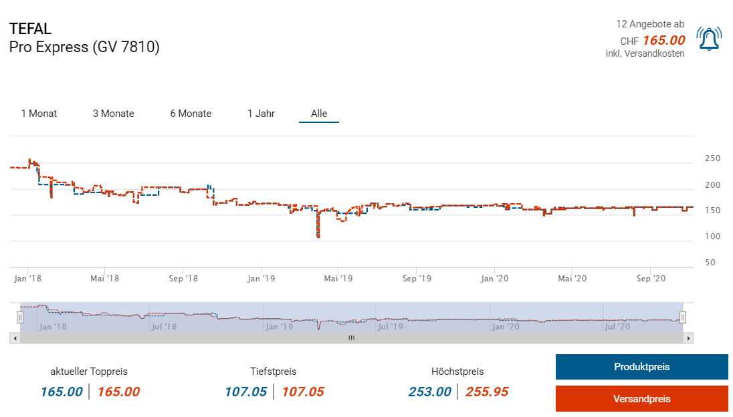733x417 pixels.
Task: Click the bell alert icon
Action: [709, 39]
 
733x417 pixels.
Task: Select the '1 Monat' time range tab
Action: [39, 114]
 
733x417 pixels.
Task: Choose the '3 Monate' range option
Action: [114, 114]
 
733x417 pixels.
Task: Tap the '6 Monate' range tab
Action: [191, 114]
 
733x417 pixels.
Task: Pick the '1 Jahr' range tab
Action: [261, 114]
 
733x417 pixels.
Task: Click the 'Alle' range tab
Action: [319, 114]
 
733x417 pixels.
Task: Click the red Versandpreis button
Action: [641, 399]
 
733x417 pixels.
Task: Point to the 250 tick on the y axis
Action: [712, 158]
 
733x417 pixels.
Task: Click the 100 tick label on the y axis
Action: [712, 237]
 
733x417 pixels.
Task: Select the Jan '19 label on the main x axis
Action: [261, 278]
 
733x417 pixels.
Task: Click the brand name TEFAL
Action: [31, 29]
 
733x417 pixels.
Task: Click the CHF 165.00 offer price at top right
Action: [663, 40]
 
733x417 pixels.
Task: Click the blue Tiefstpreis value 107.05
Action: [245, 392]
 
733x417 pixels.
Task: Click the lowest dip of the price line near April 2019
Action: [318, 236]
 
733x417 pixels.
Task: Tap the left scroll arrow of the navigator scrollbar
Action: [13, 338]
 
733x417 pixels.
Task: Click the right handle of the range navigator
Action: [683, 317]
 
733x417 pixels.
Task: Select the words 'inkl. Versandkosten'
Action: [645, 53]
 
